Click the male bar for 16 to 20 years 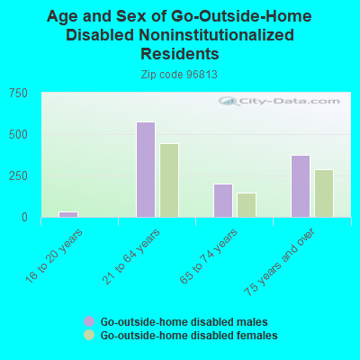tap(68, 214)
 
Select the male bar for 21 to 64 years tap(146, 169)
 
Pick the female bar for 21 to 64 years tap(169, 180)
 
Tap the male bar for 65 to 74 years tap(223, 201)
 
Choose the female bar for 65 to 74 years tap(247, 205)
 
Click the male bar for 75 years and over tap(301, 186)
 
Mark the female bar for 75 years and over tap(324, 193)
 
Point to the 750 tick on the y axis tap(18, 94)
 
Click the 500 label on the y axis tap(18, 135)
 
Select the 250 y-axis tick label tap(18, 176)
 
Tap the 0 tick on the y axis tap(24, 217)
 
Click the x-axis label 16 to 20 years tap(54, 256)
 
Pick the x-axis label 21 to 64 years tap(131, 256)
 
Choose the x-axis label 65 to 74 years tap(209, 256)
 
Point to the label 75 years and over tap(280, 262)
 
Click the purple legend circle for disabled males tap(89, 321)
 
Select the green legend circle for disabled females tap(89, 335)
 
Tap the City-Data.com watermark tap(279, 101)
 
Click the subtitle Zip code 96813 tap(179, 75)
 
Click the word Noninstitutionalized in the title tap(216, 35)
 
